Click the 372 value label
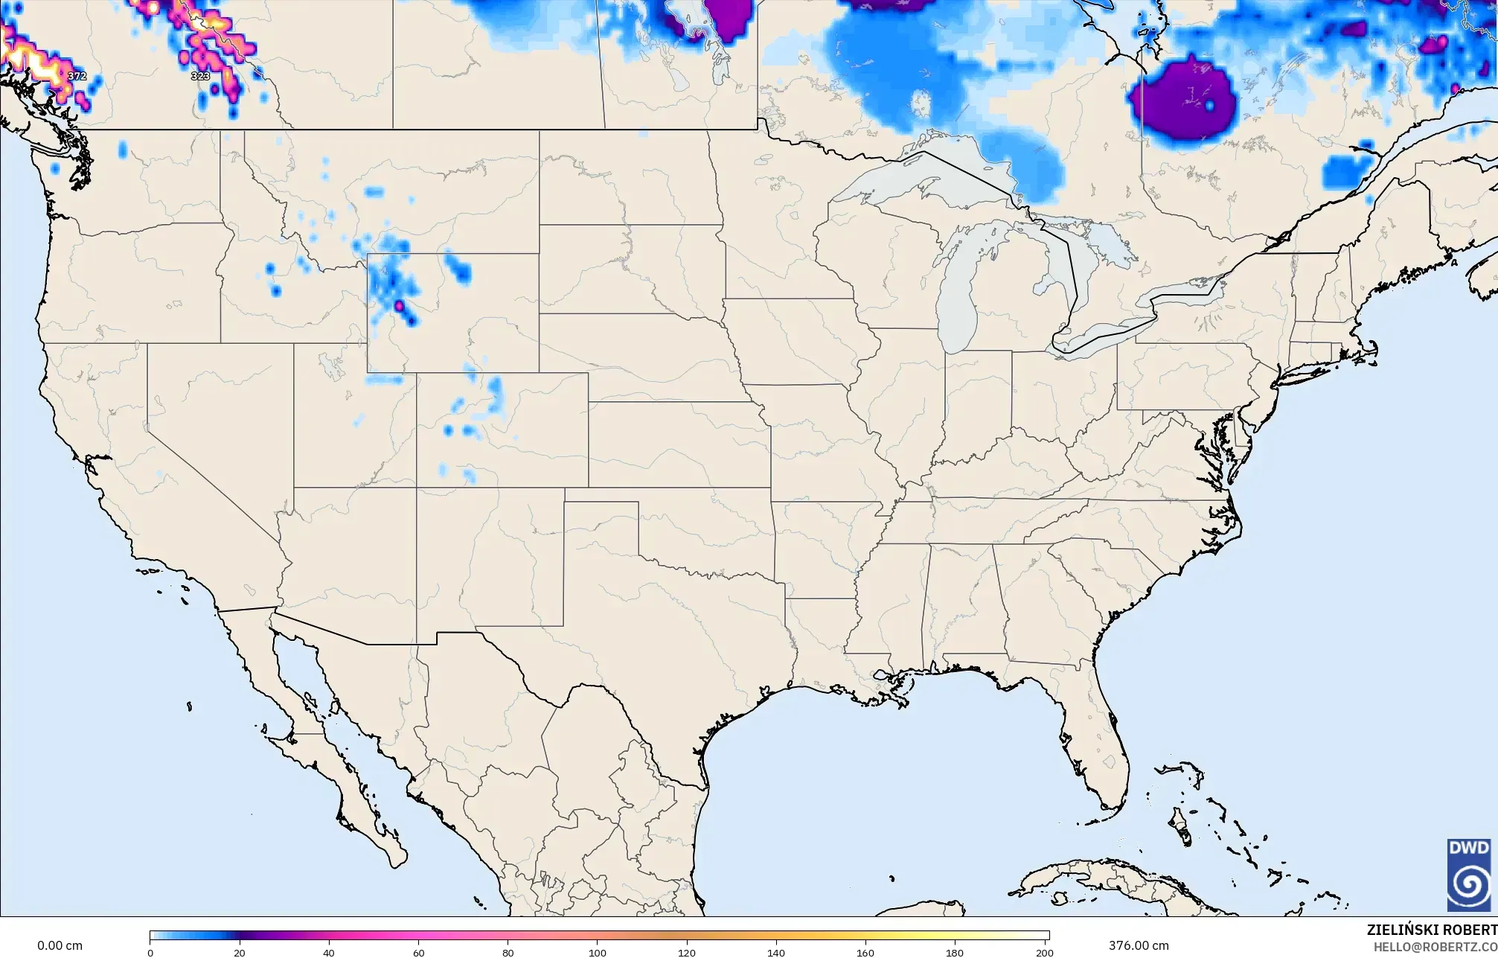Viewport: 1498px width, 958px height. pyautogui.click(x=77, y=76)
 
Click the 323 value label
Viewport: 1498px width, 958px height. pyautogui.click(x=200, y=76)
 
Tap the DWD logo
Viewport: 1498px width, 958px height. pyautogui.click(x=1468, y=874)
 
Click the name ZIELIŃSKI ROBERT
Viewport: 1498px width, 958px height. pyautogui.click(x=1431, y=930)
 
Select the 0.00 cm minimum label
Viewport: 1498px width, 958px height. pyautogui.click(x=60, y=945)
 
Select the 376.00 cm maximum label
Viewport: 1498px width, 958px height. pyautogui.click(x=1139, y=945)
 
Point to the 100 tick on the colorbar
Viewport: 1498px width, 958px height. pyautogui.click(x=598, y=952)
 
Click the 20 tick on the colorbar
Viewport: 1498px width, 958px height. pyautogui.click(x=239, y=952)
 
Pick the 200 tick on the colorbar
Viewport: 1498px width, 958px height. pyautogui.click(x=1045, y=952)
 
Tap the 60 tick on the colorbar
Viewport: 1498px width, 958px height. pyautogui.click(x=418, y=952)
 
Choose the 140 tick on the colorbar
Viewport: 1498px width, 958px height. pyautogui.click(x=776, y=952)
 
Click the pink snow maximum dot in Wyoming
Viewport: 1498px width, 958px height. pyautogui.click(x=399, y=305)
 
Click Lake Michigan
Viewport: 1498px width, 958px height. pyautogui.click(x=956, y=298)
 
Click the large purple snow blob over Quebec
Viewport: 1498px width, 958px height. pyautogui.click(x=1183, y=100)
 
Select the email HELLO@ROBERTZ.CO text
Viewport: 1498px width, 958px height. pyautogui.click(x=1435, y=947)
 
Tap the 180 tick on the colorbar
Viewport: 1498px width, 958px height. pyautogui.click(x=955, y=952)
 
